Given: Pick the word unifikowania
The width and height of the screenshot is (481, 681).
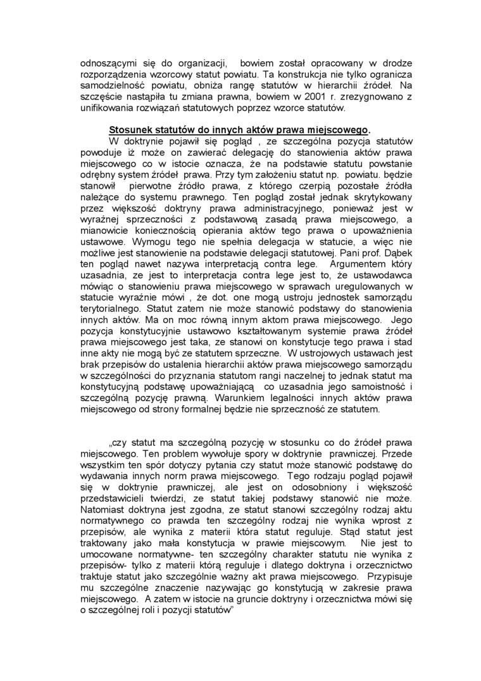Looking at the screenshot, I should click(106, 108).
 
